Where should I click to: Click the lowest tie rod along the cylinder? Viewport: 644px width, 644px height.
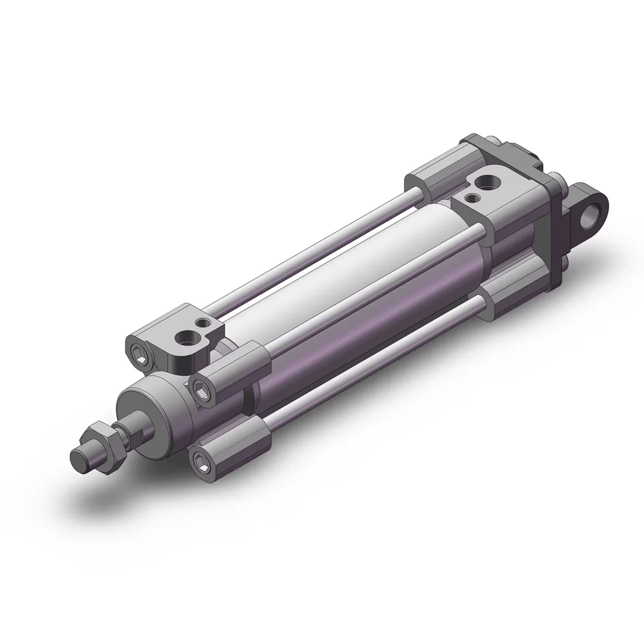point(374,368)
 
